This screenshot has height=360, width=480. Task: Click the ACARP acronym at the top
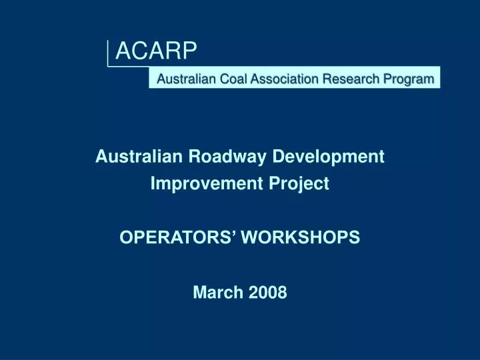tap(157, 49)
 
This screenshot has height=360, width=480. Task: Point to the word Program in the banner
tap(408, 79)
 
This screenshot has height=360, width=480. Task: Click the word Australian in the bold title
tap(139, 157)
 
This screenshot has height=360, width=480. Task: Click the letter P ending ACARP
tap(190, 49)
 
